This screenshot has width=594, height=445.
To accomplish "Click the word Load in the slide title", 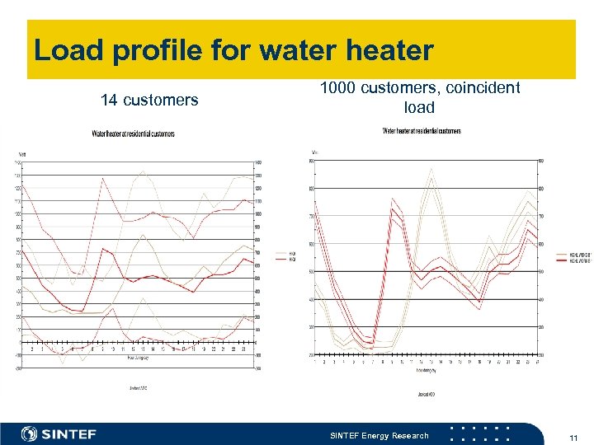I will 68,51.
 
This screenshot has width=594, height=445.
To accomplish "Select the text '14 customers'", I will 149,101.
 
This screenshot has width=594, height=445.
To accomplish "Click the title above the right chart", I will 421,130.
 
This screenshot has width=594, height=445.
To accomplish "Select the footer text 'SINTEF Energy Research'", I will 379,435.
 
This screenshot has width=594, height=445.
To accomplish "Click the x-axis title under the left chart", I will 139,358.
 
